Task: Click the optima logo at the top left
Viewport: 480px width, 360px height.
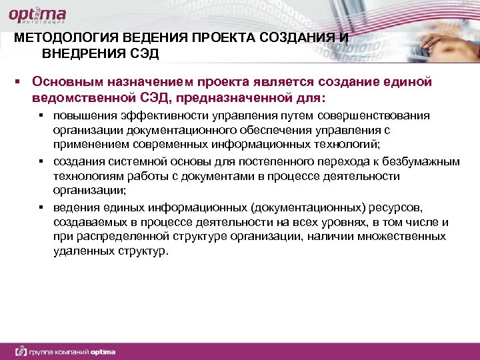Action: (x=39, y=15)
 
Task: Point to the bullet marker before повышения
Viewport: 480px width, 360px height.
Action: (x=41, y=117)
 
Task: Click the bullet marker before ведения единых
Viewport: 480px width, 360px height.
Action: (x=41, y=209)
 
